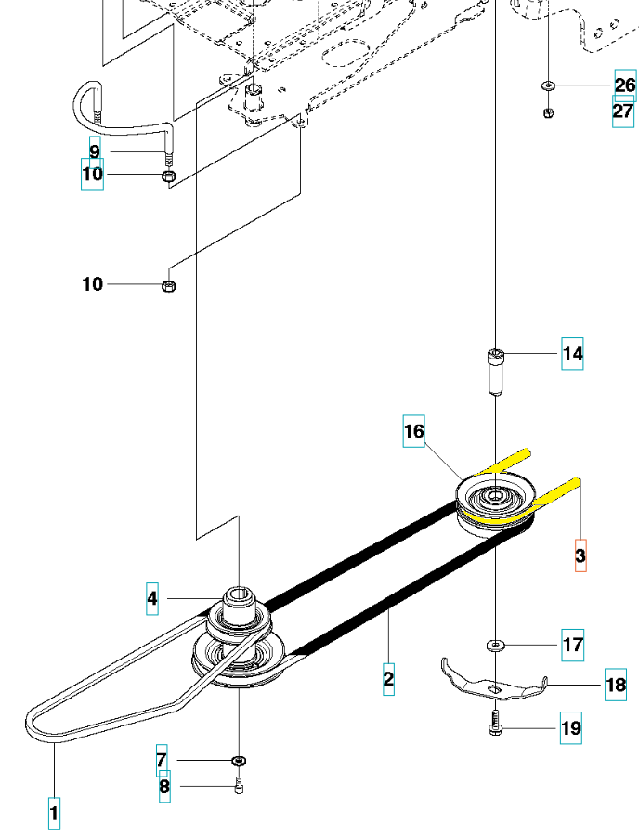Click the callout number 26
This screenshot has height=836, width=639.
tap(625, 85)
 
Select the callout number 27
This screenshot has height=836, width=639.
tap(623, 111)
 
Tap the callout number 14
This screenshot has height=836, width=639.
tap(572, 354)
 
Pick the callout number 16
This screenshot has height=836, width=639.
tap(413, 431)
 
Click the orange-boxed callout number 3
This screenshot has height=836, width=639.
tap(580, 555)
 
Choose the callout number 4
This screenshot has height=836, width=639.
tap(152, 599)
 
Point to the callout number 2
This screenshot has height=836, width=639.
tap(388, 679)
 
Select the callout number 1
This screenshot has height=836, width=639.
tap(54, 814)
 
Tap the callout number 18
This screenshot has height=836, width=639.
tap(616, 685)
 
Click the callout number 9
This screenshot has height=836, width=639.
tap(95, 152)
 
